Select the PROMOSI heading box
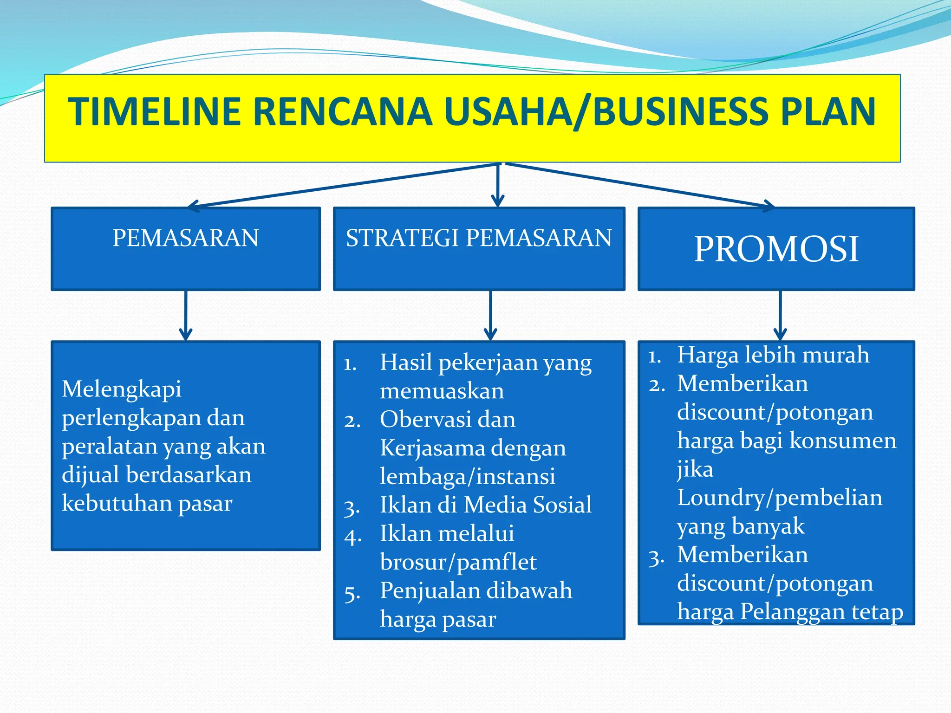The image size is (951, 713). click(x=776, y=249)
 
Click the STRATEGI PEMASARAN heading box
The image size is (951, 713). click(x=479, y=249)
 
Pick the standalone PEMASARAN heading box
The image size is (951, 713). click(x=186, y=249)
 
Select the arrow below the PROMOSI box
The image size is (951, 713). click(x=780, y=316)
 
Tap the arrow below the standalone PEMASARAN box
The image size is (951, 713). click(x=186, y=316)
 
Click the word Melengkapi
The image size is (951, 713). click(x=122, y=389)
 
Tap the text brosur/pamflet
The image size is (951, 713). click(x=458, y=562)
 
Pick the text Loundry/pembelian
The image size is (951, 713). click(x=779, y=498)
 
